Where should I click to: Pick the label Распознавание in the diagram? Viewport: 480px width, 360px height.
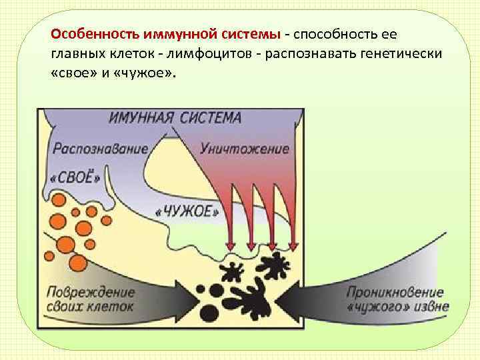pyautogui.click(x=100, y=148)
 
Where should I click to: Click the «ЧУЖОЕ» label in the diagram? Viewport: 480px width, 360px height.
pyautogui.click(x=187, y=212)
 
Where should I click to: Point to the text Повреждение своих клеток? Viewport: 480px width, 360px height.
pyautogui.click(x=91, y=299)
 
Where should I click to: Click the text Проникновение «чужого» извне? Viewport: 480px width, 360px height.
pyautogui.click(x=397, y=299)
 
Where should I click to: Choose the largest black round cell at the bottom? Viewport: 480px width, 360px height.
pyautogui.click(x=209, y=313)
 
